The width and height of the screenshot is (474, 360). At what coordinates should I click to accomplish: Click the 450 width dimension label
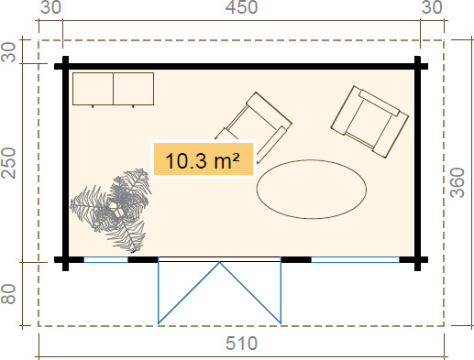pyautogui.click(x=241, y=7)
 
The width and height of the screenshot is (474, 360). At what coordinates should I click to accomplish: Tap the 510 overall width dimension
pyautogui.click(x=241, y=344)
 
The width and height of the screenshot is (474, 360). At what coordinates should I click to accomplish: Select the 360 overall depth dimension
pyautogui.click(x=457, y=182)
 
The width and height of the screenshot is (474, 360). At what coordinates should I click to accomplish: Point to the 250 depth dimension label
pyautogui.click(x=8, y=163)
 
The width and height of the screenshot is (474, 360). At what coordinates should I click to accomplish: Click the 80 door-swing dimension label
pyautogui.click(x=8, y=294)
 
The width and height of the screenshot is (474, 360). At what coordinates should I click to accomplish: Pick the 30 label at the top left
pyautogui.click(x=50, y=7)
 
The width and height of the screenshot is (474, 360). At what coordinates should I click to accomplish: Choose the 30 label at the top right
pyautogui.click(x=432, y=7)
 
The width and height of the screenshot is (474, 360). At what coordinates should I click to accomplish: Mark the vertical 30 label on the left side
pyautogui.click(x=8, y=52)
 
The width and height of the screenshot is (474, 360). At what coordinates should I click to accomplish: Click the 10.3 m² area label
pyautogui.click(x=204, y=159)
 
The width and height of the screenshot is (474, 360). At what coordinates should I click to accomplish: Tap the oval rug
pyautogui.click(x=312, y=190)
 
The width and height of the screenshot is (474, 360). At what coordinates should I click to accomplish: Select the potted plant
pyautogui.click(x=112, y=210)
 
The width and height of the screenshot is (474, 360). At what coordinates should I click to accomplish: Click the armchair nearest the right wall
pyautogui.click(x=369, y=122)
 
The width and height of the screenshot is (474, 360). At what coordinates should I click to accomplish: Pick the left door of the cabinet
pyautogui.click(x=93, y=89)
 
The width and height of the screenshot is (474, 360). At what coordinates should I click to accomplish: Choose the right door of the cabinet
pyautogui.click(x=134, y=89)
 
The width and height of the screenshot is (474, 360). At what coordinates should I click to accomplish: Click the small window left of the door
pyautogui.click(x=105, y=260)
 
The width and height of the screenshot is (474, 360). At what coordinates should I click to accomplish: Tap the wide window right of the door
pyautogui.click(x=355, y=260)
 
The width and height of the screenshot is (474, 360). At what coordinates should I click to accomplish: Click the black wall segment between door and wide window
pyautogui.click(x=296, y=260)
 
